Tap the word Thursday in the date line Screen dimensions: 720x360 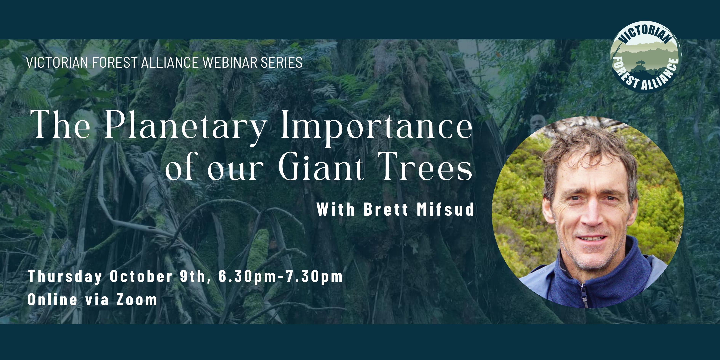pyautogui.click(x=65, y=277)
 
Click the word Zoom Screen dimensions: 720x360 pyautogui.click(x=137, y=299)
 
